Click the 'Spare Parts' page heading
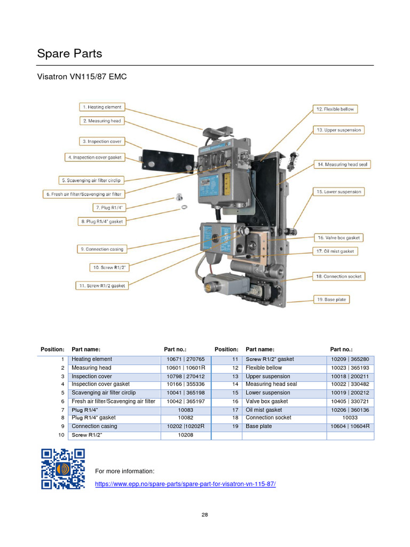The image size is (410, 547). [x=69, y=54]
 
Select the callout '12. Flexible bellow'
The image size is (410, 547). [x=334, y=109]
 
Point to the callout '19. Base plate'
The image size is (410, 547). [x=331, y=300]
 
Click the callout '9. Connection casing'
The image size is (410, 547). [x=102, y=249]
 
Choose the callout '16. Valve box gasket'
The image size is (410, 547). [x=338, y=238]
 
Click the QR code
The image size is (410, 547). [x=63, y=468]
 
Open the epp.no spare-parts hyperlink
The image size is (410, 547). [x=185, y=483]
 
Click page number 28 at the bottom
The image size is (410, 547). [x=205, y=515]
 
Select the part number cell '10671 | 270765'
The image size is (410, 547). [x=186, y=360]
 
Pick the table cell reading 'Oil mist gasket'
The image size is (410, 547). [x=264, y=410]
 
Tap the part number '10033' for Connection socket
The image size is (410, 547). [x=350, y=418]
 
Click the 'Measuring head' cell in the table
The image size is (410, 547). [x=92, y=368]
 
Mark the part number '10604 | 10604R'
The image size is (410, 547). [x=350, y=426]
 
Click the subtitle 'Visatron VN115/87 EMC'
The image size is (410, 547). [x=82, y=77]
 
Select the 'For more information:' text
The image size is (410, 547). [x=124, y=471]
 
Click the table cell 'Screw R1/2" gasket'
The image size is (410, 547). [x=270, y=360]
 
